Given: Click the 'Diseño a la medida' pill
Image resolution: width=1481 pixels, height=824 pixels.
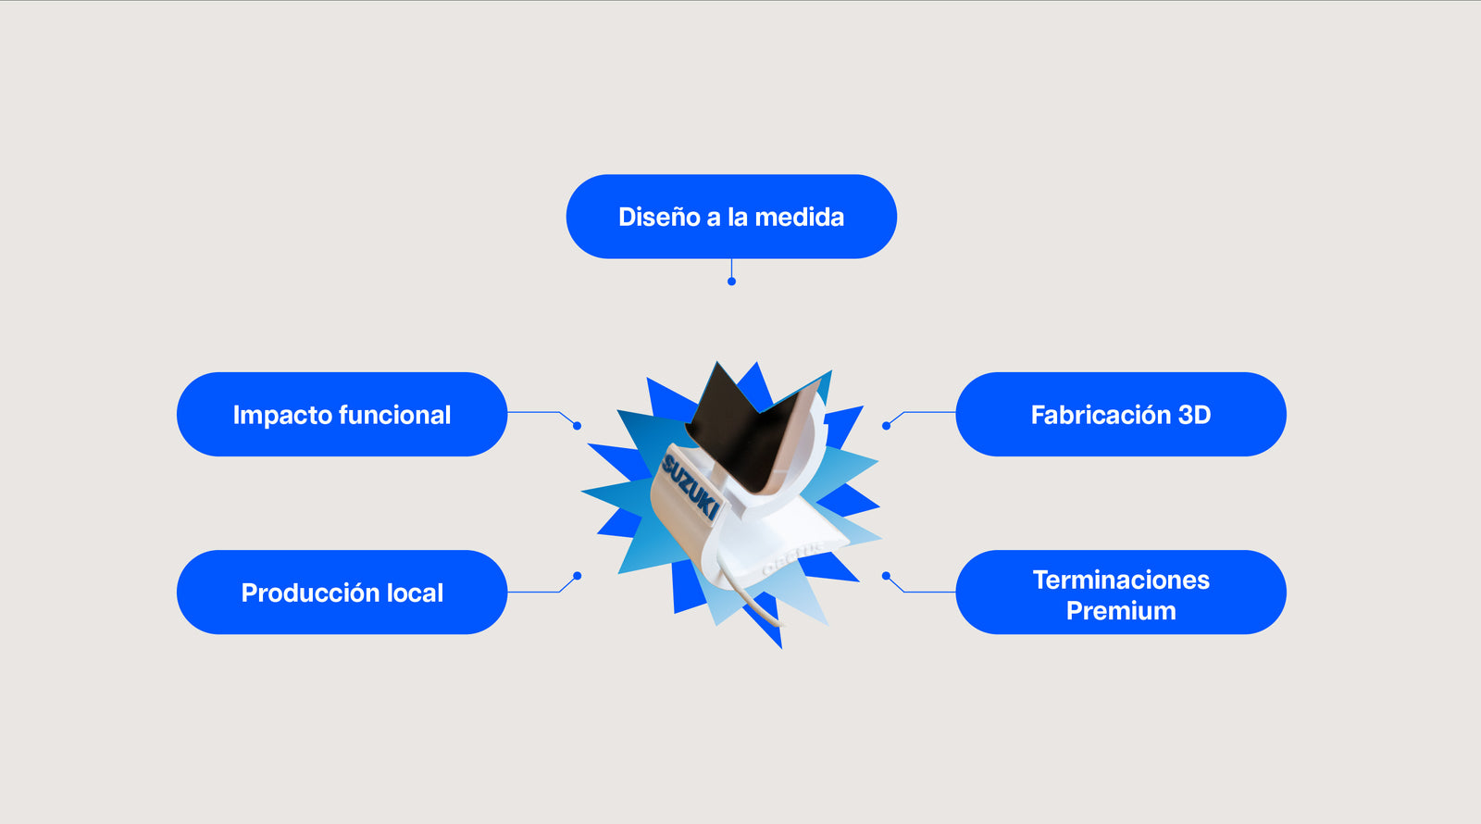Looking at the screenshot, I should pos(731,217).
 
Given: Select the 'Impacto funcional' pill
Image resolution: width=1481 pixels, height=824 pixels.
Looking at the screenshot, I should pos(342,415).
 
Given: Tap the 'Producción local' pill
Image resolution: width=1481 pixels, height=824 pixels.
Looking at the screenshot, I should pos(342,593).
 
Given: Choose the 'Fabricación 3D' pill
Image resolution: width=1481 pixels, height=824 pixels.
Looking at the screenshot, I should pos(1120,415).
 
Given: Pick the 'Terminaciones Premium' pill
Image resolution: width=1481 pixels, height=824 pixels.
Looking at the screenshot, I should pos(1120,593).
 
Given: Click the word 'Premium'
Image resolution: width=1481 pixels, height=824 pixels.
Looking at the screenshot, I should pos(1121,611).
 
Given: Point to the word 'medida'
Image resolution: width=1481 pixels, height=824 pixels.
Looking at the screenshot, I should pos(800,218).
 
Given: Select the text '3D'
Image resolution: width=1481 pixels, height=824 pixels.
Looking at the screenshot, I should pos(1194,415).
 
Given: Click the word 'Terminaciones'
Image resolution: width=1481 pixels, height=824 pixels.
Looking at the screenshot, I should pos(1121,580).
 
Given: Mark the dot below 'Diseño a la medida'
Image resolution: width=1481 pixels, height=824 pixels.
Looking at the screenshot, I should pos(731,281).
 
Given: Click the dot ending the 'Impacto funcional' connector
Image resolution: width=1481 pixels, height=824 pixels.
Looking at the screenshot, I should pos(578,426).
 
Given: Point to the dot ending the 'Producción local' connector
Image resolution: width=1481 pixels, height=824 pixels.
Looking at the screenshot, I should pos(578,576).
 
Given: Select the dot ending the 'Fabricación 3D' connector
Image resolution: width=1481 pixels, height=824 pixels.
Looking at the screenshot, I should pos(886,426).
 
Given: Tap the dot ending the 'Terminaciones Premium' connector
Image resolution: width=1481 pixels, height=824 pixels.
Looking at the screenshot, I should pos(886,576).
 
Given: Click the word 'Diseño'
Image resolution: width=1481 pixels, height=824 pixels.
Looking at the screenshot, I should pos(659,218).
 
